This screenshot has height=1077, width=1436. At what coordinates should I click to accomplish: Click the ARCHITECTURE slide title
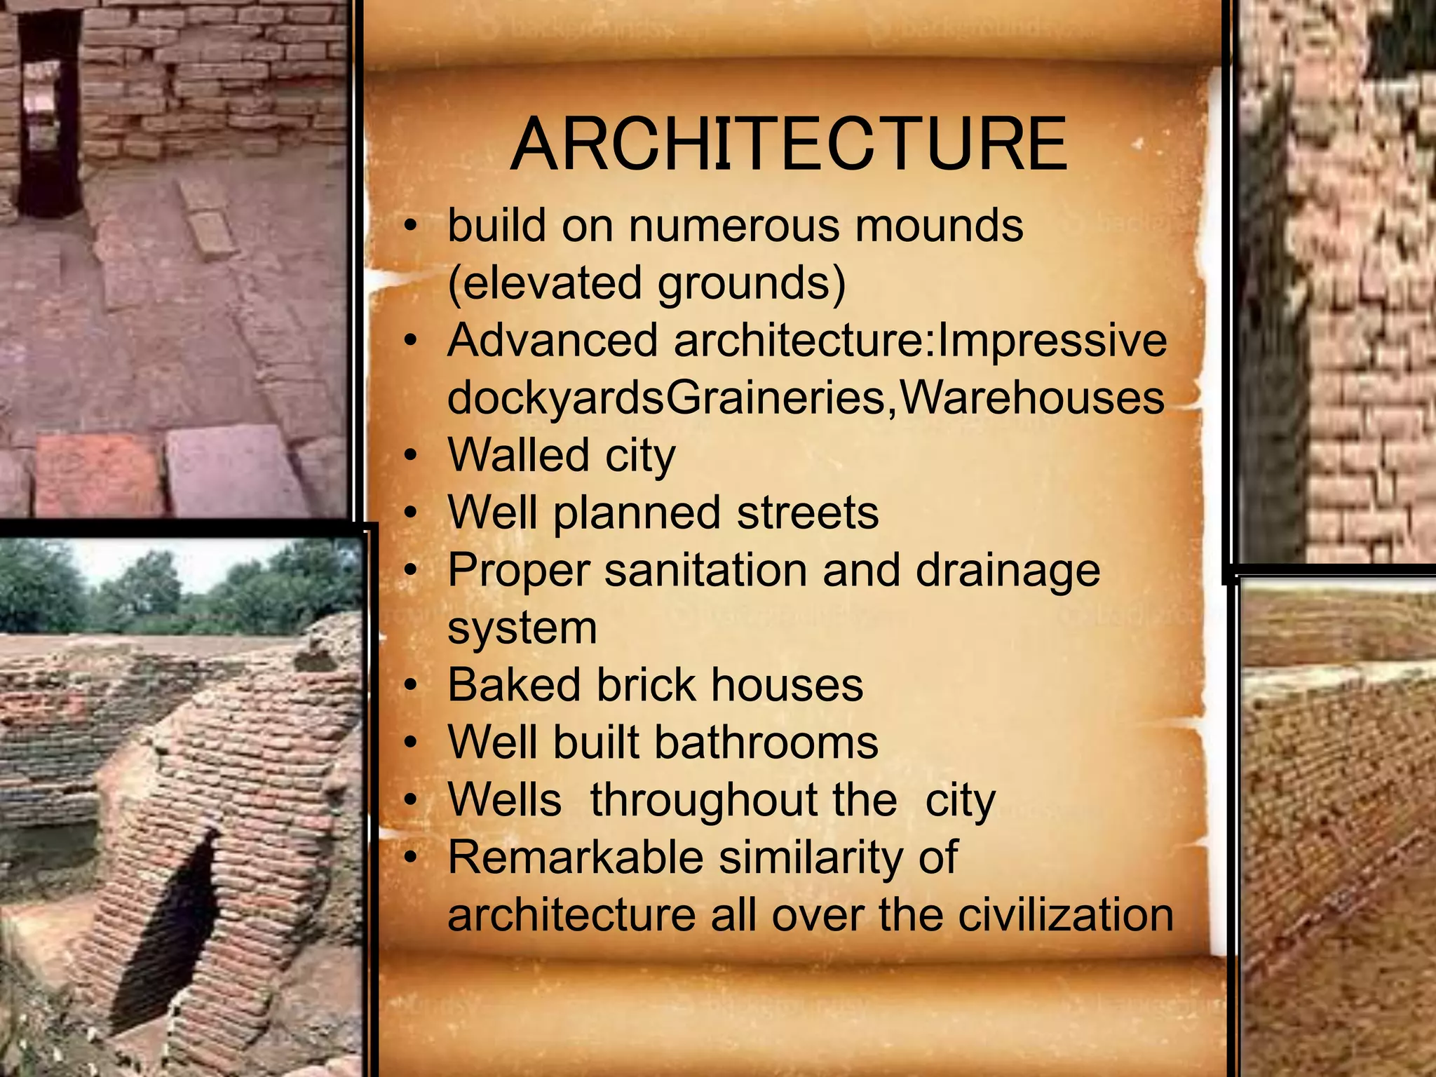click(789, 144)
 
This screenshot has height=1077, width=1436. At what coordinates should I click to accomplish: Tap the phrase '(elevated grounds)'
click(646, 283)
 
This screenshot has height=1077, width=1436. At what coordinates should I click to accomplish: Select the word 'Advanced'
click(553, 341)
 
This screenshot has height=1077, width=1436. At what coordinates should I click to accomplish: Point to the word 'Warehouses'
click(1031, 398)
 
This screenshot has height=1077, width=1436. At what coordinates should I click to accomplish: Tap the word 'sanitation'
click(705, 570)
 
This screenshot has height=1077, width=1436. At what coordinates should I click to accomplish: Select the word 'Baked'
click(514, 685)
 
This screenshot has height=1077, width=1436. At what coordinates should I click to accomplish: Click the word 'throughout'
click(743, 800)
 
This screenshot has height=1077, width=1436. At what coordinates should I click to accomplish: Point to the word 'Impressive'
click(1052, 341)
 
